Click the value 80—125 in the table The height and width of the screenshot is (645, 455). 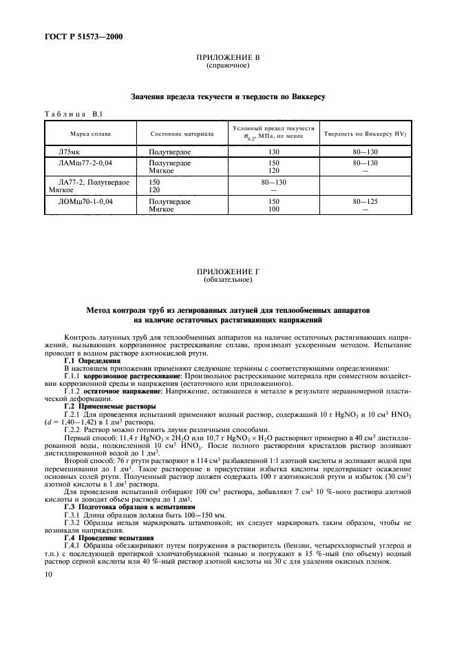365,201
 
